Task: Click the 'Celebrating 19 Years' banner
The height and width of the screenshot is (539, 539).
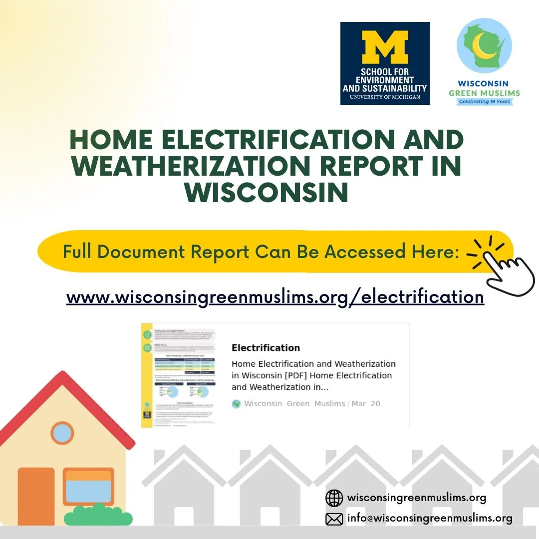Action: click(484, 102)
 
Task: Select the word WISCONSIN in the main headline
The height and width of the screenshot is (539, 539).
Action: click(267, 192)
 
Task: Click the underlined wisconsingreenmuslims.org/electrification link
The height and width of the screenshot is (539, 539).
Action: click(275, 297)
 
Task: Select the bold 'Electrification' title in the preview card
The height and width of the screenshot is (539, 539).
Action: click(266, 348)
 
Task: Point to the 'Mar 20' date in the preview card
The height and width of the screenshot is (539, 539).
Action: click(366, 403)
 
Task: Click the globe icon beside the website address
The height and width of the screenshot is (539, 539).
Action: click(334, 498)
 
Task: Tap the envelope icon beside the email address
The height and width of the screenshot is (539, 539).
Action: click(334, 519)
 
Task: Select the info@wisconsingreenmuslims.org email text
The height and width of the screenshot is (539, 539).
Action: click(430, 519)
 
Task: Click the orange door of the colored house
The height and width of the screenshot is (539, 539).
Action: click(36, 496)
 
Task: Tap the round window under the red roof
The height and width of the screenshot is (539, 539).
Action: click(62, 433)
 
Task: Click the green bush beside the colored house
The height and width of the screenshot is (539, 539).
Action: click(98, 516)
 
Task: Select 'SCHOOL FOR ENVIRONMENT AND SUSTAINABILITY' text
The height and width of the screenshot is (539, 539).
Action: click(385, 80)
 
